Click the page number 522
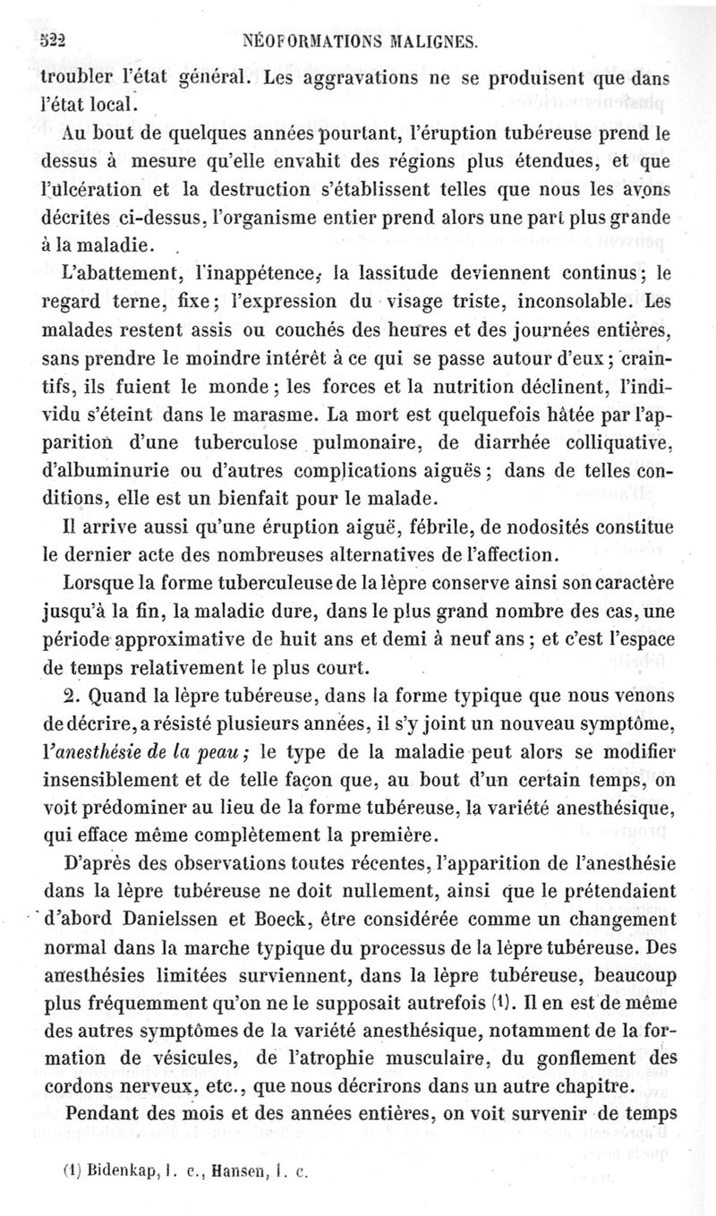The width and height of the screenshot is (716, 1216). [55, 39]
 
